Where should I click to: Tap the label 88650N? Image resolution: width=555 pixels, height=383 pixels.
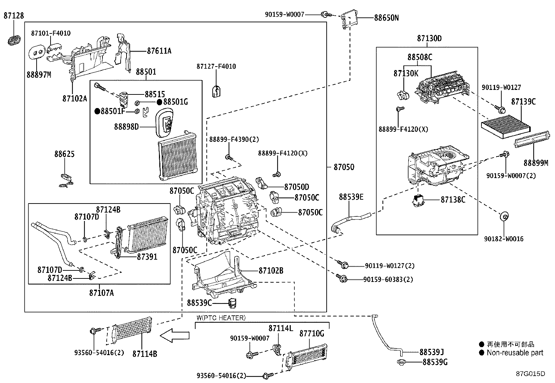point(386,18)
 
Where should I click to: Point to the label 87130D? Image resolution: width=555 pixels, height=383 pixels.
point(429,38)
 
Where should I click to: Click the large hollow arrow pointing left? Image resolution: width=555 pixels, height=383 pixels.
point(174,336)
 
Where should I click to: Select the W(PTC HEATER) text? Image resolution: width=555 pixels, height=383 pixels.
point(221,318)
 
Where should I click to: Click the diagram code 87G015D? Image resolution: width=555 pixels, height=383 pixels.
point(530,374)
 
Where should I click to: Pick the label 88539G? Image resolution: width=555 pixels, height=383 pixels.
point(435,362)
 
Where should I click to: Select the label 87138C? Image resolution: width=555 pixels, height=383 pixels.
point(453,200)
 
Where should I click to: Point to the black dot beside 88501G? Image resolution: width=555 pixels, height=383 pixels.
point(159,102)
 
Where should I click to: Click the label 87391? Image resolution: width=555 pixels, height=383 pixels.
point(147,257)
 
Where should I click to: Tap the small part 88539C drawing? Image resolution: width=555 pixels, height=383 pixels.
point(232,302)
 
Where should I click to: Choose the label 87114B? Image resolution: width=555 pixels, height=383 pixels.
point(145,354)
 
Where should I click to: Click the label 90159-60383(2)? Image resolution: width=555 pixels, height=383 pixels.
point(388,279)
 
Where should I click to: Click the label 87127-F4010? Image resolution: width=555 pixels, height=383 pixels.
point(216,67)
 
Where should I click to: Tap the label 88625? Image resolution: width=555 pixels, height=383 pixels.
point(64,154)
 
